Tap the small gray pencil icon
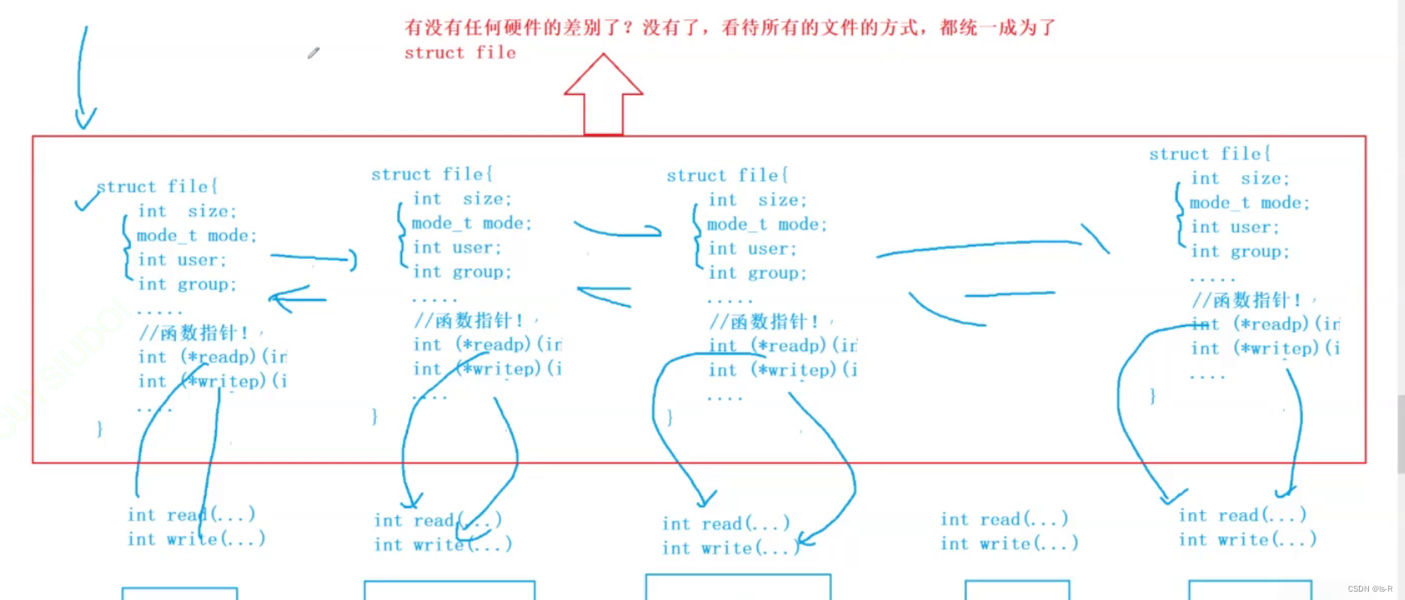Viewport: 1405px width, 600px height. click(313, 53)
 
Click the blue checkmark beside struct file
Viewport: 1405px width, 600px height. click(85, 200)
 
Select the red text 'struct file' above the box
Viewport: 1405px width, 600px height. click(460, 53)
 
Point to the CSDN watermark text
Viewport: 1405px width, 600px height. click(1370, 589)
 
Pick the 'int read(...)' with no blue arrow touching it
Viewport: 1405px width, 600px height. click(1004, 520)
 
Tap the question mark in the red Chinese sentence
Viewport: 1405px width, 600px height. click(627, 28)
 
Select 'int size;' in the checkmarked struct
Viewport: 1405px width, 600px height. click(187, 211)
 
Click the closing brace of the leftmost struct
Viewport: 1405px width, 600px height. click(100, 429)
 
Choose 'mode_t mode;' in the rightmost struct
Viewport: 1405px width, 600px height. click(1249, 203)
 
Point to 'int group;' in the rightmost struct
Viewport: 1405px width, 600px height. click(1240, 251)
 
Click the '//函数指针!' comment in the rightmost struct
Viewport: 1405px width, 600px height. click(1247, 300)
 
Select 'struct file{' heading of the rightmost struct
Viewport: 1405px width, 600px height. click(1210, 154)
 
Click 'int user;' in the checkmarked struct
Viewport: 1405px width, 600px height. click(182, 260)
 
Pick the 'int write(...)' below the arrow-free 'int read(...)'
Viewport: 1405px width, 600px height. click(1009, 544)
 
